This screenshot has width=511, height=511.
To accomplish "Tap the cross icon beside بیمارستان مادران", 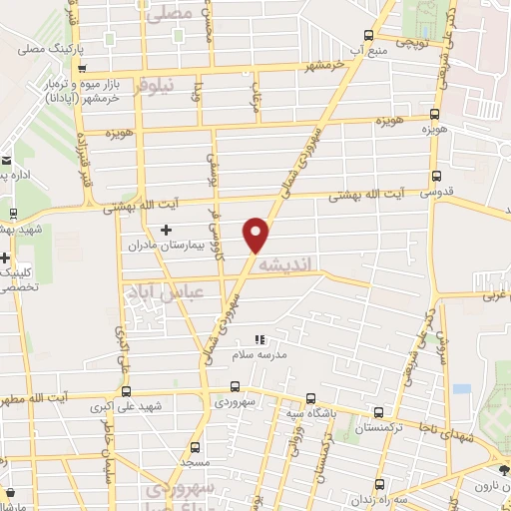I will tap(166, 230).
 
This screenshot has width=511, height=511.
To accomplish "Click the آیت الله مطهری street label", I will tap(36, 397).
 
